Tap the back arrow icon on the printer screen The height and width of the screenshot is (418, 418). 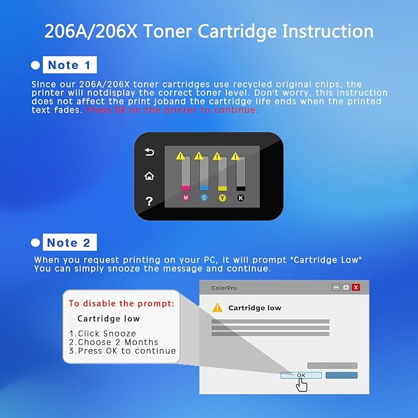point(149,152)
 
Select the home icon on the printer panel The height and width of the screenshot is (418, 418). point(149,176)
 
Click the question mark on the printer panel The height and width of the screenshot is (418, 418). point(149,201)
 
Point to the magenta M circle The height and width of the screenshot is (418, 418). point(186,198)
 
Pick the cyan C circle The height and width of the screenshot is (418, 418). point(204,198)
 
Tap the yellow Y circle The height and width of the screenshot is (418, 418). point(223,198)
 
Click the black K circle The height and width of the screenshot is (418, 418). point(241,198)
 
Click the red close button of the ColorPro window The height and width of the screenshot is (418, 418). point(355,287)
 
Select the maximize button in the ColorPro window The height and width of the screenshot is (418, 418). point(346,287)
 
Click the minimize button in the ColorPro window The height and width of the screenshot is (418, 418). point(336,287)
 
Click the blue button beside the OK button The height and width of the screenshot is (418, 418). point(341,375)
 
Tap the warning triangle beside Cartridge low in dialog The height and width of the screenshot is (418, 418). point(217,308)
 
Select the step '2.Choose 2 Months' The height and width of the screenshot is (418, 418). point(113,342)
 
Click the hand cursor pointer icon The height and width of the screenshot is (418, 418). point(302,385)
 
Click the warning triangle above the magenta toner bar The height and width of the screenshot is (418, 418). point(180,156)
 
